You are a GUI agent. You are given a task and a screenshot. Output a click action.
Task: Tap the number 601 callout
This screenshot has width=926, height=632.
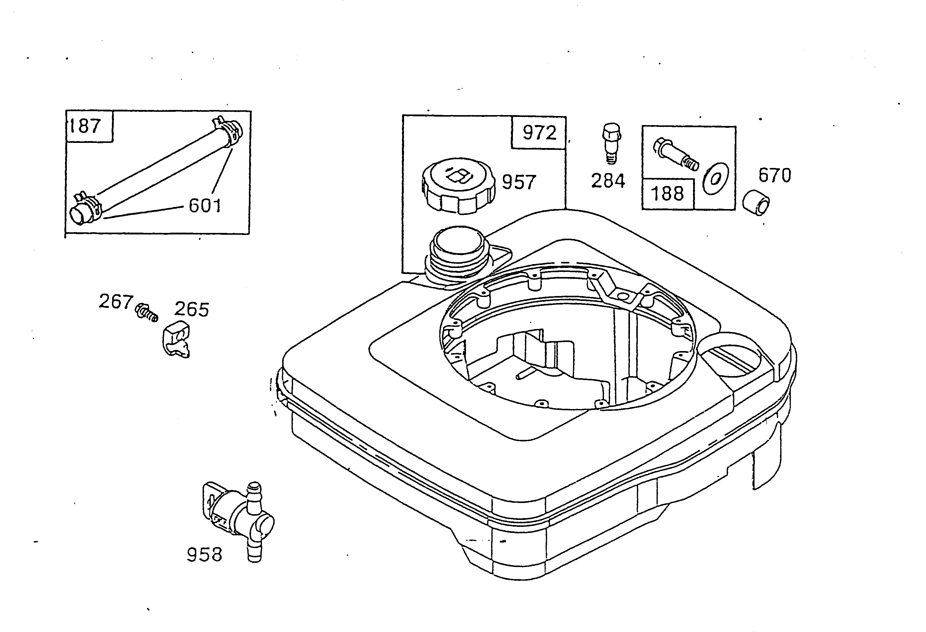[x=204, y=206]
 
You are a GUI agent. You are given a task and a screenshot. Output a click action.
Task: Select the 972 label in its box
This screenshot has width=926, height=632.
[x=539, y=133]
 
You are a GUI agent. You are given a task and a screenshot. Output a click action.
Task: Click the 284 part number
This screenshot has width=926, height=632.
[x=608, y=181]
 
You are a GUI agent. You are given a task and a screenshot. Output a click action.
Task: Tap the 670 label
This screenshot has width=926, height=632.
[x=774, y=175]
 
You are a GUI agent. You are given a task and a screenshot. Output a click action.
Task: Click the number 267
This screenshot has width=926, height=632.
[x=115, y=302]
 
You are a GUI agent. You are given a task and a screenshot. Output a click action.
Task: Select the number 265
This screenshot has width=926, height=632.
[x=192, y=310]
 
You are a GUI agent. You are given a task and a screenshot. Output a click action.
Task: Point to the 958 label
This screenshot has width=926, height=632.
[x=204, y=555]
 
